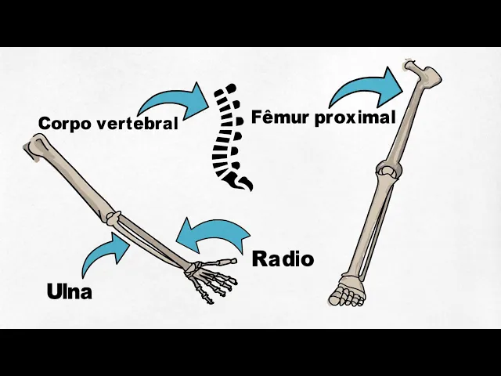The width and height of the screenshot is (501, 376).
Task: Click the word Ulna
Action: [70, 292]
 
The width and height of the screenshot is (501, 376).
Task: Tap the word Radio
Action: [283, 259]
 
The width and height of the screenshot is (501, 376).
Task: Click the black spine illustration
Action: [228, 133]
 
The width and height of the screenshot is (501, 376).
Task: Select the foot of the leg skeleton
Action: [346, 291]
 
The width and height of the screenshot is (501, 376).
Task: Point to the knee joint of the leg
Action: [387, 171]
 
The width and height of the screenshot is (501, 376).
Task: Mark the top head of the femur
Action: [409, 67]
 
